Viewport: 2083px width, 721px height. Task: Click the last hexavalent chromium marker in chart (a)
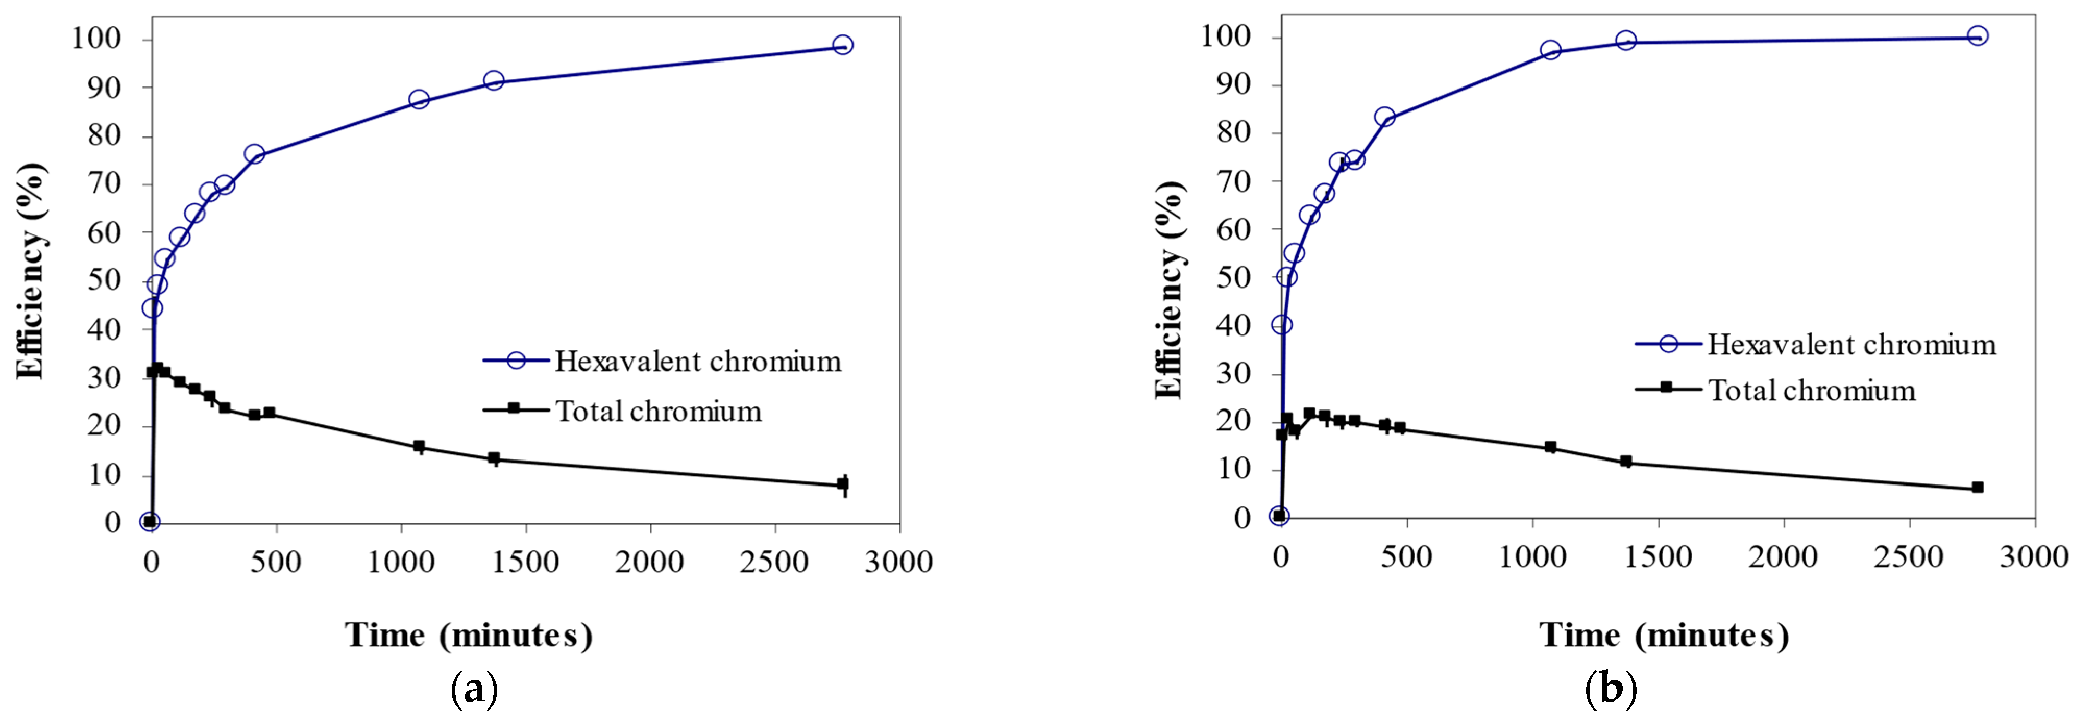pos(843,45)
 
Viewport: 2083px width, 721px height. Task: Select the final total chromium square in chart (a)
pos(843,484)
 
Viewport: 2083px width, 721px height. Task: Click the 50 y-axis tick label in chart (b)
pos(1233,277)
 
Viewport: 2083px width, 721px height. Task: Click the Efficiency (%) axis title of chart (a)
pos(31,271)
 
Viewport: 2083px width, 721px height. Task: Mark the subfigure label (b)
pos(1611,689)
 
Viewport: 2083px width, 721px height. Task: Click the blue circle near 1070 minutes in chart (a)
pos(418,100)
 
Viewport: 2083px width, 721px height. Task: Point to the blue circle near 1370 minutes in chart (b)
pos(1625,41)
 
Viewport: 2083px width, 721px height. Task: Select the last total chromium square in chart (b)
pos(1977,488)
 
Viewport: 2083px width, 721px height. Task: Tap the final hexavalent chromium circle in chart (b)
pos(1977,35)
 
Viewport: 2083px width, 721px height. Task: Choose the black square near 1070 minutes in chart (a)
pos(418,446)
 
